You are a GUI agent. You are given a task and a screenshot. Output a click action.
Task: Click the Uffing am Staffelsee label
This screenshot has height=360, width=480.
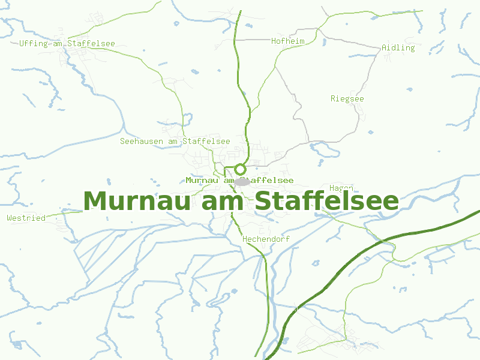(67, 43)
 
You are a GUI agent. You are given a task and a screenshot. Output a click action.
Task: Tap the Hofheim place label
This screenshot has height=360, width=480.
(288, 41)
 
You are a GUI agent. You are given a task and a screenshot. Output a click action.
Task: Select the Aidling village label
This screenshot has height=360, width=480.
(398, 47)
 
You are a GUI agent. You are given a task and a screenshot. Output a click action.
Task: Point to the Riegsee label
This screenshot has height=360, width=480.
(347, 98)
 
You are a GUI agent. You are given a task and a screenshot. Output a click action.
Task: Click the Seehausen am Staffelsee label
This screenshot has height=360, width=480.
(175, 141)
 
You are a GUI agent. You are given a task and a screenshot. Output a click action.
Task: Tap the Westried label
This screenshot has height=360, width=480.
(26, 218)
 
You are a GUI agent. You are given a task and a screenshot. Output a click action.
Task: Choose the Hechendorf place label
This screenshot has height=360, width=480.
(266, 239)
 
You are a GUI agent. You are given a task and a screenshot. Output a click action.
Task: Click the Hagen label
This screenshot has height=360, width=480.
(341, 188)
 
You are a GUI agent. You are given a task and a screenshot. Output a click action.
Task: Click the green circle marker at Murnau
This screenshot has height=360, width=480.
(240, 169)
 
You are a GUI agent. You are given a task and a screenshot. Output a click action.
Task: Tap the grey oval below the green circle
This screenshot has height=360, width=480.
(242, 181)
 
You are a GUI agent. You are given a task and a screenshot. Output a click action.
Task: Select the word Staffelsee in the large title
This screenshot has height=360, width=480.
(326, 201)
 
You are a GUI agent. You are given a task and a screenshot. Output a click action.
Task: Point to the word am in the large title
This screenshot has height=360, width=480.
(226, 201)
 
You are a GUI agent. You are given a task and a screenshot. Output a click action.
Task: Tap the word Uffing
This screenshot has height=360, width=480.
(32, 43)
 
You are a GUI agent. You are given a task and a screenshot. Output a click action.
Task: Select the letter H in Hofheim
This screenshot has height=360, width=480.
(274, 41)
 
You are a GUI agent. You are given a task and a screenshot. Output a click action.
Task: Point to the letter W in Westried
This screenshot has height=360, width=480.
(9, 218)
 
